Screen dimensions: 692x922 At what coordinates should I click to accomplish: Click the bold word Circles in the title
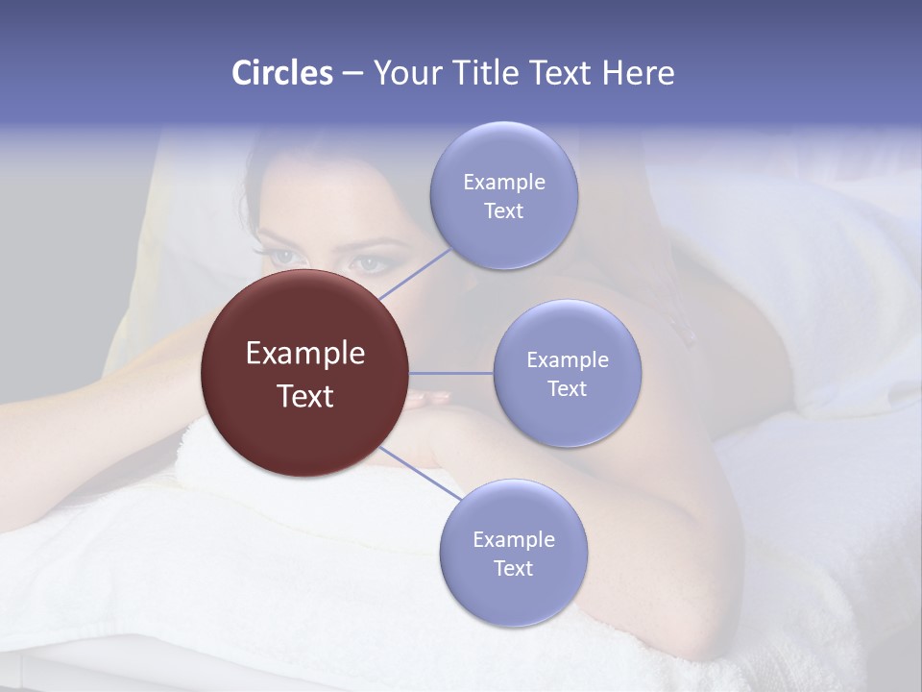[282, 73]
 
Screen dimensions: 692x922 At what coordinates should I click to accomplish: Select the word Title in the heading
[485, 73]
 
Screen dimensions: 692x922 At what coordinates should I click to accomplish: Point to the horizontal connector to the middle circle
[451, 373]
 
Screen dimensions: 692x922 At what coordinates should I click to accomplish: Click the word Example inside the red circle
[305, 353]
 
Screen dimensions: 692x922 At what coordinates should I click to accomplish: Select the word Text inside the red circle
[305, 395]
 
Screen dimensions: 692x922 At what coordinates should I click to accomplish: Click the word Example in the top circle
[503, 182]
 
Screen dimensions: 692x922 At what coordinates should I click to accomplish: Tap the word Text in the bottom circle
[513, 568]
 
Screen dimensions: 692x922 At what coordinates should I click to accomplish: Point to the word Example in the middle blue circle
[568, 359]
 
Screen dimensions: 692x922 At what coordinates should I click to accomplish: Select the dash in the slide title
[352, 73]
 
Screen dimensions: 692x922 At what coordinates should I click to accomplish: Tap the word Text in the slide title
[562, 73]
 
